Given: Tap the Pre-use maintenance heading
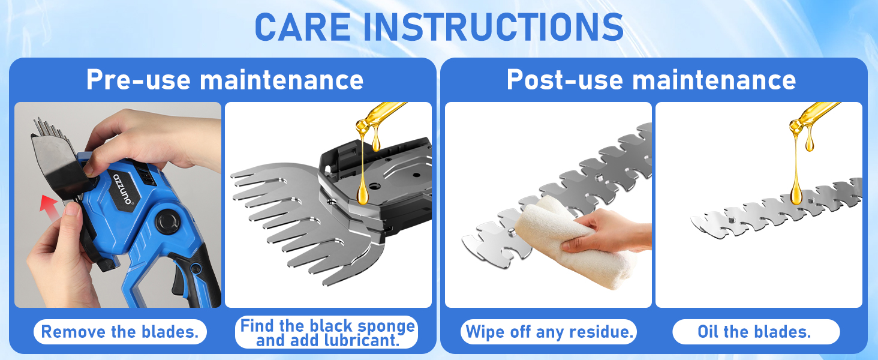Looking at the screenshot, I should [224, 80].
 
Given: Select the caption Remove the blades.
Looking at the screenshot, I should [120, 332].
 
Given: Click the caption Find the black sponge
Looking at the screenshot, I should [327, 326].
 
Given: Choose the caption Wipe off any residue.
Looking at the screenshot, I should [549, 332].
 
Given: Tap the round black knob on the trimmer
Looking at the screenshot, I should [168, 222].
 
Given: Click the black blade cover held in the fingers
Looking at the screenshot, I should [57, 162].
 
